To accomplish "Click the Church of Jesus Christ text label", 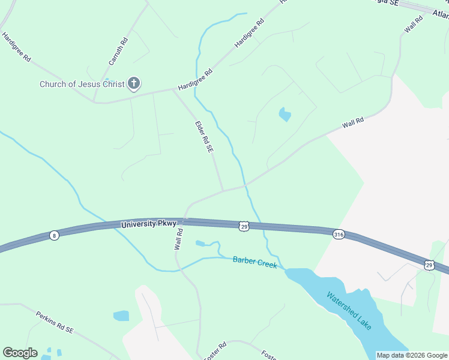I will [82, 84].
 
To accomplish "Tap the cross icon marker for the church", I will [133, 83].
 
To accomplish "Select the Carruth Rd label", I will [119, 52].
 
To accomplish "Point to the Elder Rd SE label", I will [204, 137].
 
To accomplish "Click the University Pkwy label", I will [148, 224].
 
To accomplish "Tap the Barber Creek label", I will [255, 262].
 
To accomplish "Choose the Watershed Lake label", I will [349, 310].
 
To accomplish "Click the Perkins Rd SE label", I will [54, 322].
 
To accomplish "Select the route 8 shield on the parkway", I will [55, 235].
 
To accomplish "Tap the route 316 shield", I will [339, 235].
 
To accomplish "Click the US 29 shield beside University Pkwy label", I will [243, 226].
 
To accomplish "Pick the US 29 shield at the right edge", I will [429, 264].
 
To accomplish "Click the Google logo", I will [20, 352].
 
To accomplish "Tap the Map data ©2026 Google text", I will [412, 355].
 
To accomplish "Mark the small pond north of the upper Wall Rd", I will [285, 113].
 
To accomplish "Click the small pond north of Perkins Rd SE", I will [121, 316].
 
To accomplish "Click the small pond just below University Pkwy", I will [200, 243].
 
